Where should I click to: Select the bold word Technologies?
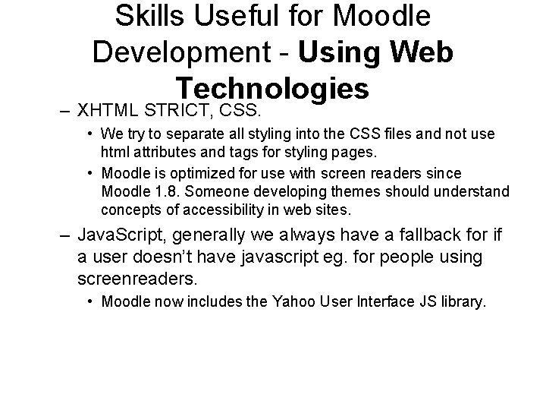point(272,88)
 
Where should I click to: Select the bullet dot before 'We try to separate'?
point(90,134)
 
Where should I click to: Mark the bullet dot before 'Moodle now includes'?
point(90,303)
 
